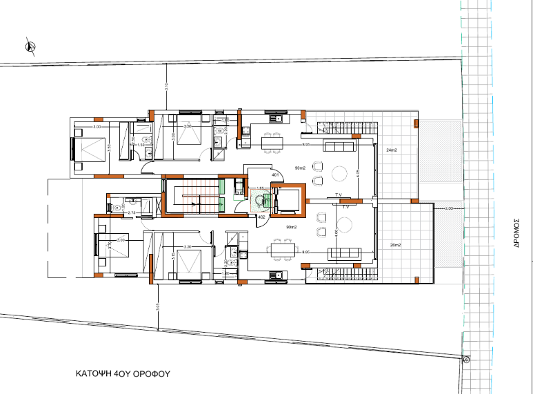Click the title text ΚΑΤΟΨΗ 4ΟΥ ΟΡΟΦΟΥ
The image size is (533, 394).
coord(122,373)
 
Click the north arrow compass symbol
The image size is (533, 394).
coord(30,46)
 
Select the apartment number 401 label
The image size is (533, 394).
coord(274,176)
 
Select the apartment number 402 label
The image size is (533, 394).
coord(262,217)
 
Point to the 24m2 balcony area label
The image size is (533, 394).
coord(392,150)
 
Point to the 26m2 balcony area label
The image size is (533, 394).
coord(394,245)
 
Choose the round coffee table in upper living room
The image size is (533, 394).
coord(340,173)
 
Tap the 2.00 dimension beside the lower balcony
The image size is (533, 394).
coord(449,208)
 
